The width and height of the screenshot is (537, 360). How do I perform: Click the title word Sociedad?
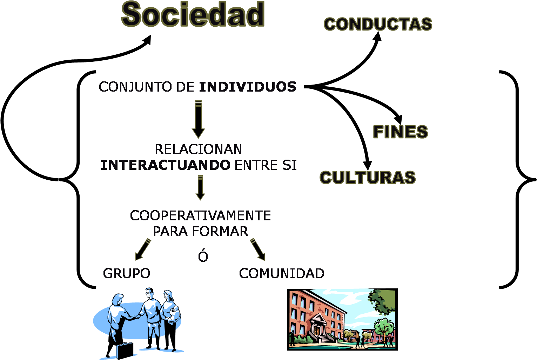pyautogui.click(x=193, y=15)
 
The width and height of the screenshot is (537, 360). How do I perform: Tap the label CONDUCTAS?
pyautogui.click(x=378, y=24)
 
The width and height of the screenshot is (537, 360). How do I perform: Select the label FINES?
pyautogui.click(x=400, y=132)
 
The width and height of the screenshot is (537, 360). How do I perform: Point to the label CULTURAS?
pyautogui.click(x=368, y=178)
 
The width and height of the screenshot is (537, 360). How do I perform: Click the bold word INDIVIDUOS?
pyautogui.click(x=248, y=87)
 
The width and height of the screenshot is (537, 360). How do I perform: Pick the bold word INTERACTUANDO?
pyautogui.click(x=165, y=165)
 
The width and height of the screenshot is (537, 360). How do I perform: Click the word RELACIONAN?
pyautogui.click(x=198, y=149)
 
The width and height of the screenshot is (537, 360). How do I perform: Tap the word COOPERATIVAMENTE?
pyautogui.click(x=200, y=215)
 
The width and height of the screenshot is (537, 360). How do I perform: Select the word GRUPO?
pyautogui.click(x=127, y=273)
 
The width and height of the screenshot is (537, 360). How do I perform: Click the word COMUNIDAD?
pyautogui.click(x=282, y=273)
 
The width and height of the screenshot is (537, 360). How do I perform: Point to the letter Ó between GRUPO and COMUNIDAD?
pyautogui.click(x=203, y=256)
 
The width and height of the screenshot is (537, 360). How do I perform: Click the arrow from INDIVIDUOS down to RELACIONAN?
pyautogui.click(x=198, y=119)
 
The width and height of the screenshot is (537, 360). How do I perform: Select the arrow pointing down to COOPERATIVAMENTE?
pyautogui.click(x=200, y=188)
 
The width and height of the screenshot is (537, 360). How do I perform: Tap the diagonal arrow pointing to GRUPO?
pyautogui.click(x=143, y=249)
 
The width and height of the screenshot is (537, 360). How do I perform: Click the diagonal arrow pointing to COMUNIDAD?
pyautogui.click(x=258, y=249)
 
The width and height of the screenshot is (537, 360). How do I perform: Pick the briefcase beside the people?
pyautogui.click(x=125, y=350)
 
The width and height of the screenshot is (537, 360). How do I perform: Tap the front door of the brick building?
pyautogui.click(x=317, y=330)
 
